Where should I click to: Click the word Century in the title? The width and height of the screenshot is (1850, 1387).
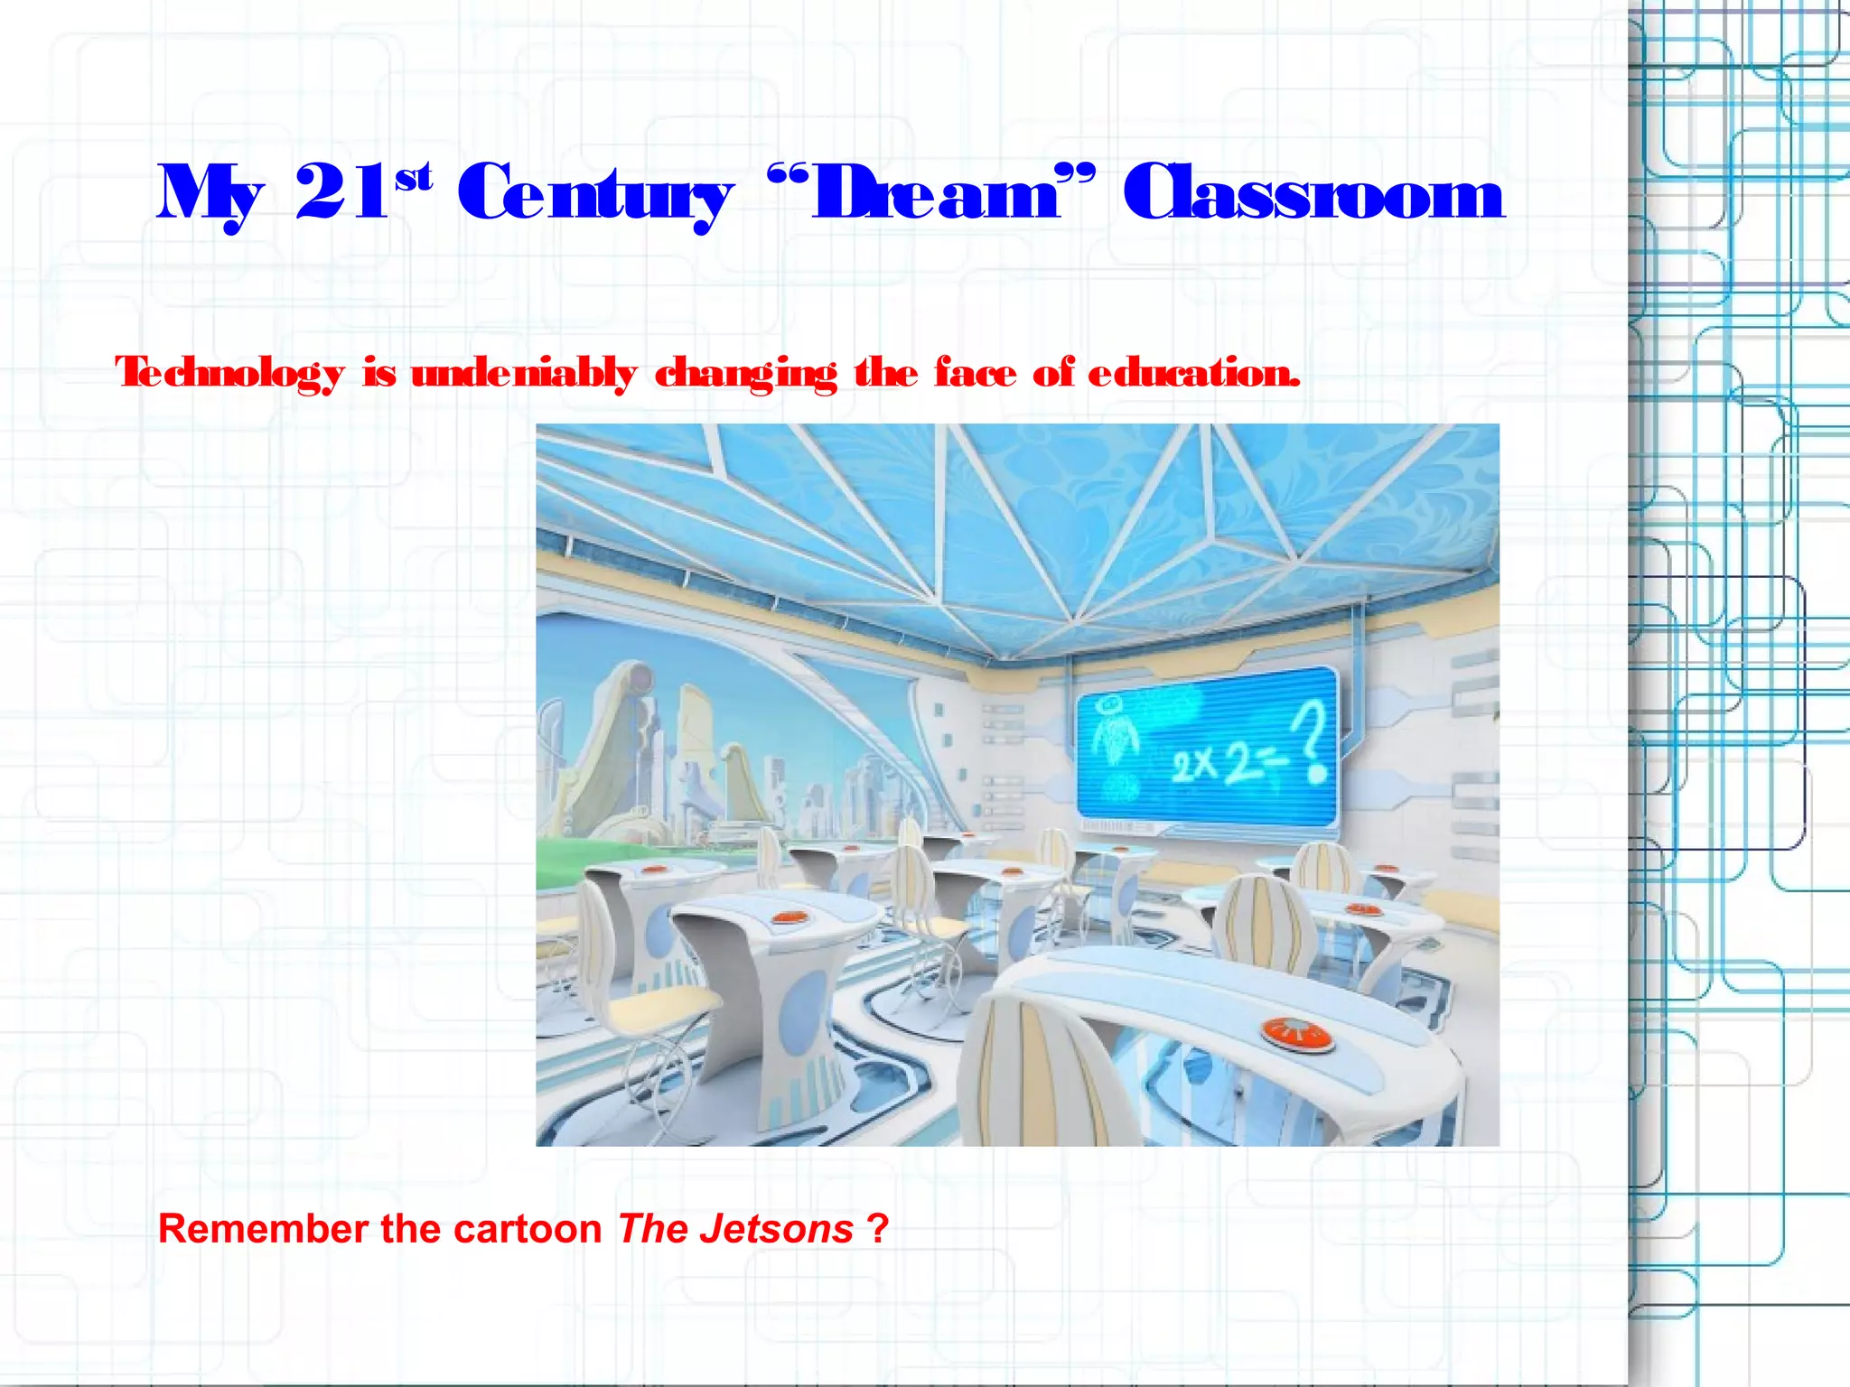(x=594, y=194)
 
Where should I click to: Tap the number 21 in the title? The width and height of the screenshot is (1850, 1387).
(x=341, y=192)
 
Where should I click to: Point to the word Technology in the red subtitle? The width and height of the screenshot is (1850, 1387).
(x=230, y=373)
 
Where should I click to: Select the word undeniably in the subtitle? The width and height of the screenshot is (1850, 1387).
(x=524, y=373)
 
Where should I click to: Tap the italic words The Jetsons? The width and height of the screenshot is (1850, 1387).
(x=735, y=1229)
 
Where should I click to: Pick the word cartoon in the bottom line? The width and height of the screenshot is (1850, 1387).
(x=528, y=1229)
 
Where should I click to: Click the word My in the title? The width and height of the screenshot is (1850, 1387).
(x=210, y=194)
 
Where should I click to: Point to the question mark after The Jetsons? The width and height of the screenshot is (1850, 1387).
(x=877, y=1229)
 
